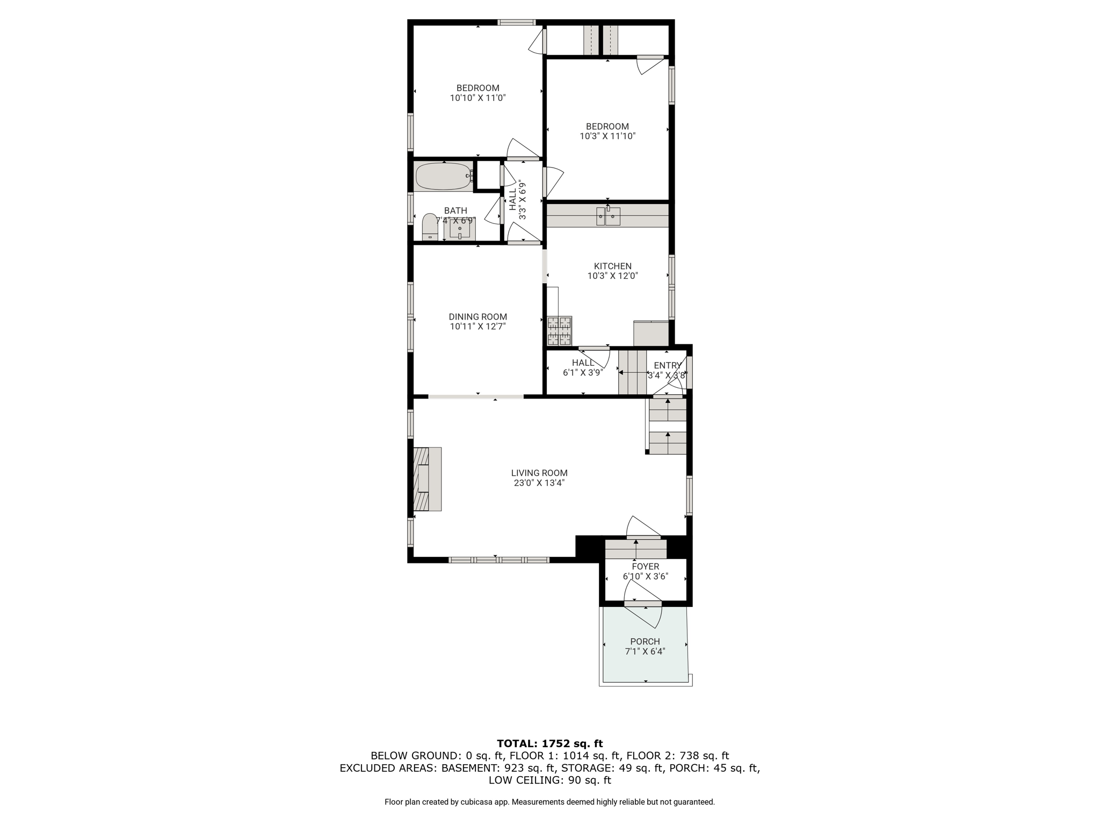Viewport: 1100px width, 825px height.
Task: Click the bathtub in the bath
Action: click(444, 176)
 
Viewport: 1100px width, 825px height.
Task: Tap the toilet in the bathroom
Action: click(430, 227)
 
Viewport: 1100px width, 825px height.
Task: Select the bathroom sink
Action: click(460, 229)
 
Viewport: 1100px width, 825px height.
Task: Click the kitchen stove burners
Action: click(559, 331)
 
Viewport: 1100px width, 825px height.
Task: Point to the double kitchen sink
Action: click(608, 216)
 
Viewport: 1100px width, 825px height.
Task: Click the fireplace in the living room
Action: click(428, 479)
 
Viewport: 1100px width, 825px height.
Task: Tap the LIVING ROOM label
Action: click(539, 473)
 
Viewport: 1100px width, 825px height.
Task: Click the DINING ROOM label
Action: click(478, 317)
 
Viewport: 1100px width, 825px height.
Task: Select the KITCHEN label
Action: click(613, 266)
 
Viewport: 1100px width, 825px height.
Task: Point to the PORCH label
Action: click(645, 642)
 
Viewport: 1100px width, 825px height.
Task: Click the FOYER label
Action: click(646, 567)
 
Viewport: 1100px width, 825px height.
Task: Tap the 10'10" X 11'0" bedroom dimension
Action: click(478, 98)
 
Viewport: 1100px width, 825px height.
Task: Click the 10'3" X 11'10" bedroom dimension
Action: click(607, 136)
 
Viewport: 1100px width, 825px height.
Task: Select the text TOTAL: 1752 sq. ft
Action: click(550, 744)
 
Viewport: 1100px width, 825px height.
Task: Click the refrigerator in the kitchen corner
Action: click(651, 334)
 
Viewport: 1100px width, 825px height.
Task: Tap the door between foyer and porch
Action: click(643, 604)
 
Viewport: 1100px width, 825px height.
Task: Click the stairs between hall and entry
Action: click(632, 372)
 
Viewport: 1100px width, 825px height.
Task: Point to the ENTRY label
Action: click(668, 366)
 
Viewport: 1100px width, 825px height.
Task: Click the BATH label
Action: click(455, 211)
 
